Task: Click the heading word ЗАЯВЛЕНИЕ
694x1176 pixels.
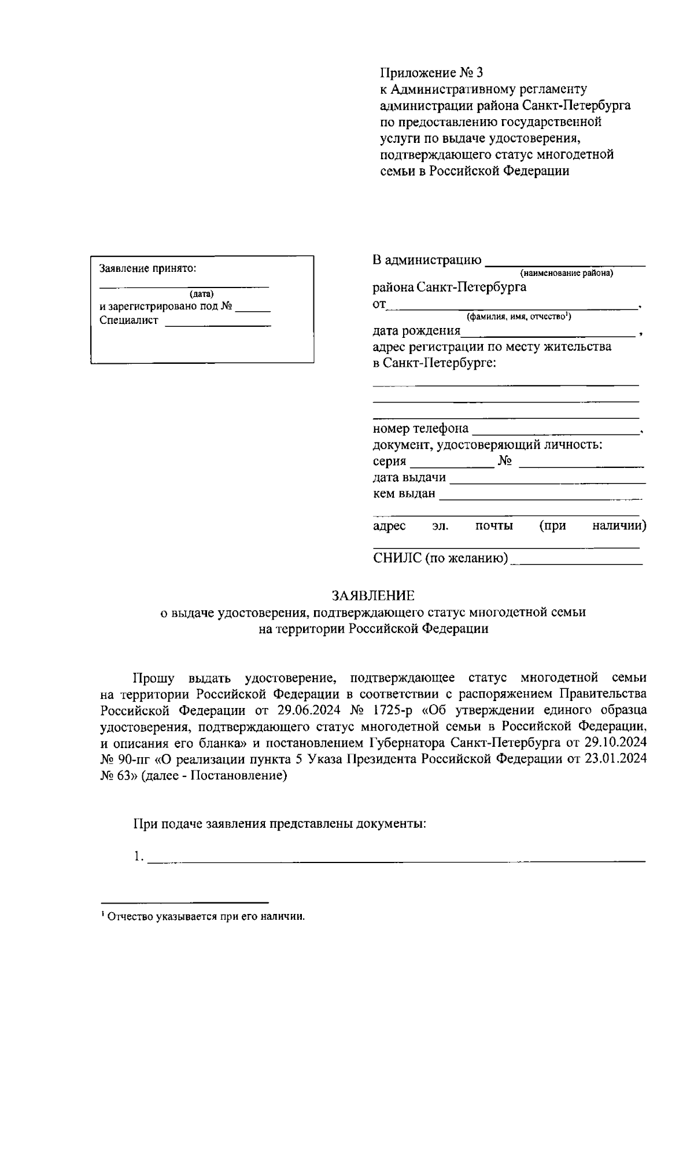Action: click(372, 596)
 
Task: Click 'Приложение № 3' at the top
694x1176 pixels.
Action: click(431, 73)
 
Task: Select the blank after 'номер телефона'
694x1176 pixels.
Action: click(554, 429)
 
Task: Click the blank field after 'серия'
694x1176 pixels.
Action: click(451, 462)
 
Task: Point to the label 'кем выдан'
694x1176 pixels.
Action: click(404, 493)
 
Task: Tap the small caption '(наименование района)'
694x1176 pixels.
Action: click(566, 272)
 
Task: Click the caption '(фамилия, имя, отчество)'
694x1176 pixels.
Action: click(519, 316)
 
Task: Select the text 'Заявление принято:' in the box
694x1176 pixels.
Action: click(148, 268)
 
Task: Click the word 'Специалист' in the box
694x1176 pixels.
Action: click(128, 320)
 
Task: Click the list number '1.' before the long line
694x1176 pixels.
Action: click(138, 857)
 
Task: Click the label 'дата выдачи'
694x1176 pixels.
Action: click(409, 477)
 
